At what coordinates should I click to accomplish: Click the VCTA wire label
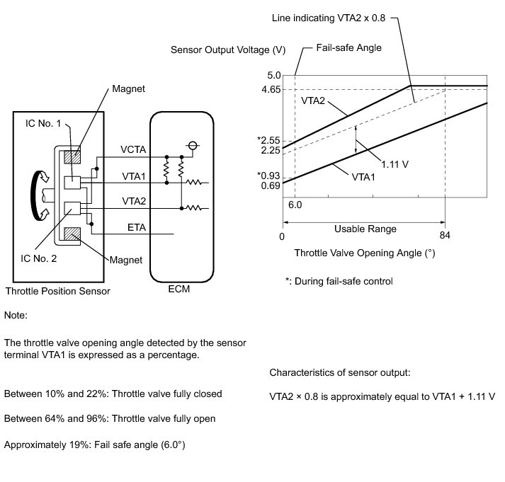pyautogui.click(x=134, y=149)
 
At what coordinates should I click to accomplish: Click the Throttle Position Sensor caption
pyautogui.click(x=58, y=291)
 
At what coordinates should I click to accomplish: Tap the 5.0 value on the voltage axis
pyautogui.click(x=274, y=75)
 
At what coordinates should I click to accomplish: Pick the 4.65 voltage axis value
pyautogui.click(x=271, y=90)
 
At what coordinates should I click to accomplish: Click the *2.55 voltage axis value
pyautogui.click(x=270, y=140)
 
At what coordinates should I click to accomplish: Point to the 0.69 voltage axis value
pyautogui.click(x=271, y=185)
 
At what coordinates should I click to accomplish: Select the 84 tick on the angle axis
pyautogui.click(x=445, y=236)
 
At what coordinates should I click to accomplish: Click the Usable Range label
pyautogui.click(x=365, y=229)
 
